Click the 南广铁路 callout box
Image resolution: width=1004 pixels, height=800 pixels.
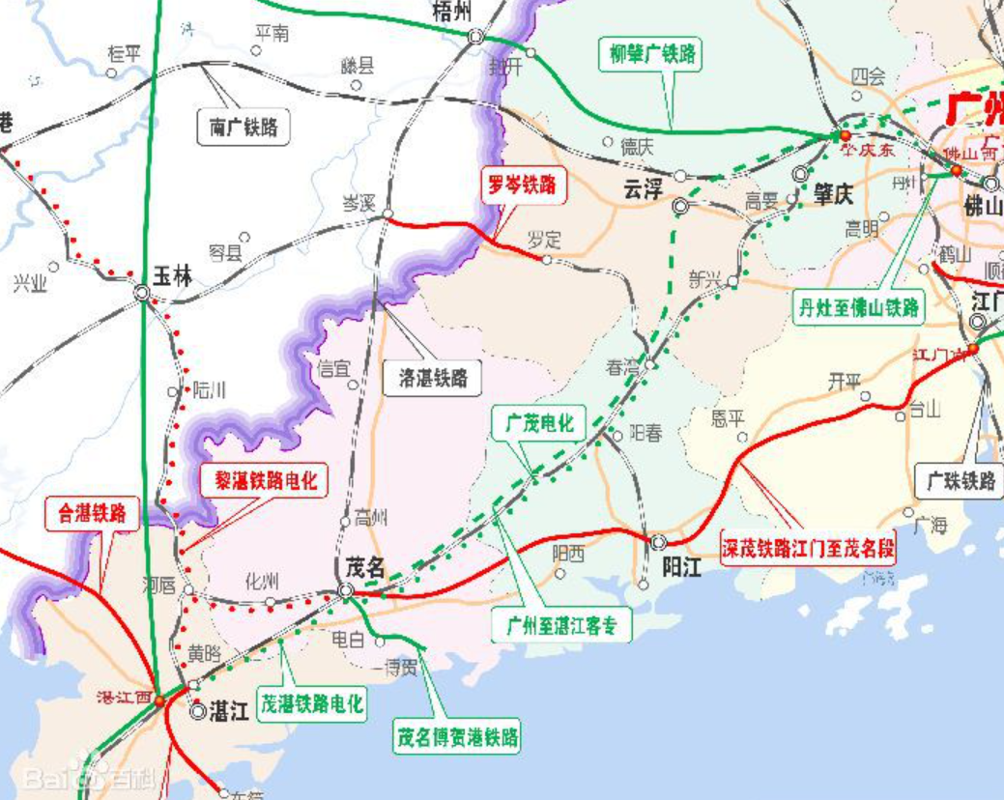point(244,127)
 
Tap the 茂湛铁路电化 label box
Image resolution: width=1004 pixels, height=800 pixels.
point(312,702)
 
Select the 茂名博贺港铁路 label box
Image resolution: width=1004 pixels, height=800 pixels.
point(456,737)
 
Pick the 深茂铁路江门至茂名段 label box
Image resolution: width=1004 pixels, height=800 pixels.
point(808,550)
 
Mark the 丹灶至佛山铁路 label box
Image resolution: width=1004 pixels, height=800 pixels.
point(858,308)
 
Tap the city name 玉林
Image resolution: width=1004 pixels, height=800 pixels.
point(174,277)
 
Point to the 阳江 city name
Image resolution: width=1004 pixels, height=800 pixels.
point(683,567)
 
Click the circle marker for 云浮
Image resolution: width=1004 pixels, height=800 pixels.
point(681,206)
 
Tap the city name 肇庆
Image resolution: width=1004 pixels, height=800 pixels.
point(833,195)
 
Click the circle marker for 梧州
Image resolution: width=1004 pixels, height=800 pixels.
point(475,36)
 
